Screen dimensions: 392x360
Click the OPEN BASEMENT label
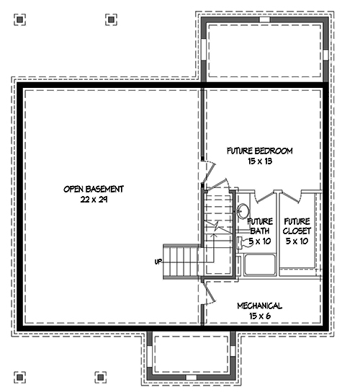[94, 189]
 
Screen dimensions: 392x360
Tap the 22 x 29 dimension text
[94, 200]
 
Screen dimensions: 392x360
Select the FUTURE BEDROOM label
[259, 151]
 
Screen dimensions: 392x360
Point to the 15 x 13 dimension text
[259, 161]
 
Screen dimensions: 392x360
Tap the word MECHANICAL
[260, 306]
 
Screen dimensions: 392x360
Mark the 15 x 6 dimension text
[260, 316]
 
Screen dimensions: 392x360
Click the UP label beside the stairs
[158, 261]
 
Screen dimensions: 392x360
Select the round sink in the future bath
[243, 211]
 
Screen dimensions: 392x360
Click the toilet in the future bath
[241, 243]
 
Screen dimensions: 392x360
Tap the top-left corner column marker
[20, 19]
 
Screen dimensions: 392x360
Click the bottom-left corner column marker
[20, 375]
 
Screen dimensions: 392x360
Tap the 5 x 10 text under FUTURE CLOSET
[297, 241]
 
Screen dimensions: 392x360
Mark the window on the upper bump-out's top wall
[265, 20]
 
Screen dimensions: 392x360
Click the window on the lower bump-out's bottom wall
[192, 377]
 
